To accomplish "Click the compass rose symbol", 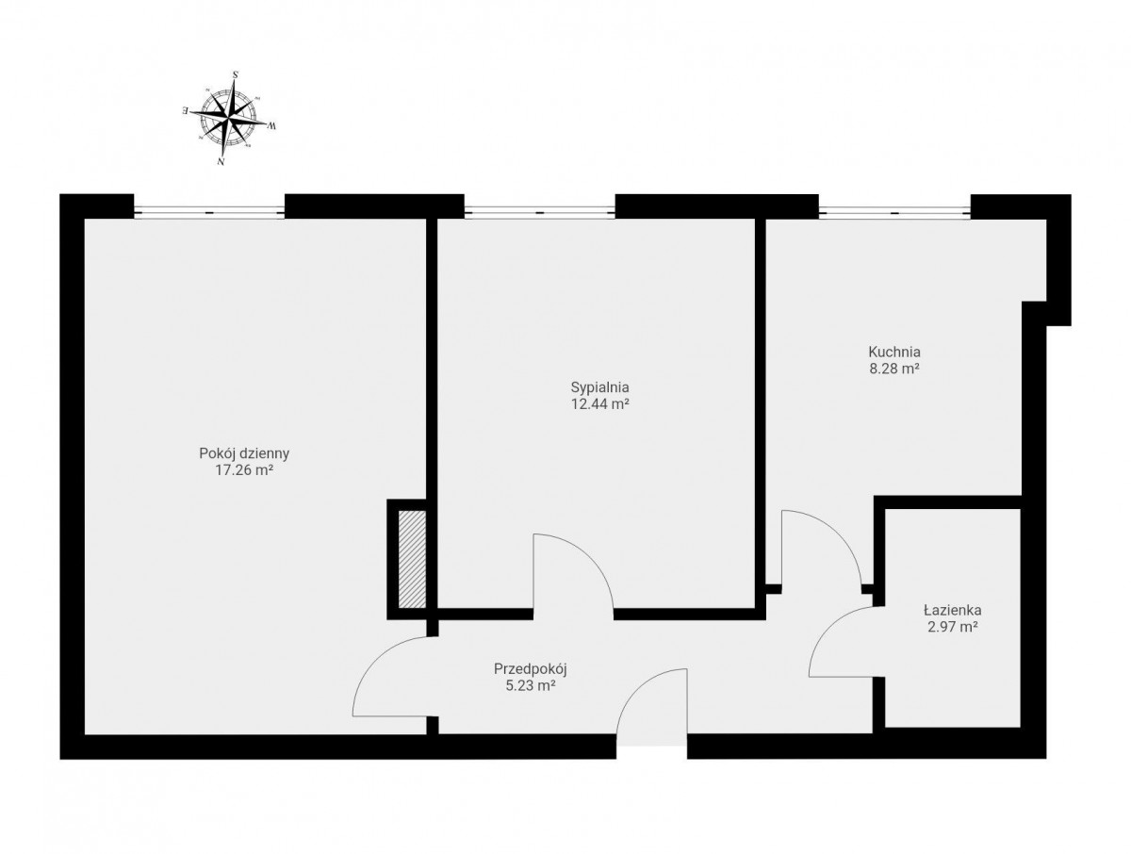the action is pyautogui.click(x=229, y=118).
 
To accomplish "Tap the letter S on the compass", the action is pyautogui.click(x=236, y=74).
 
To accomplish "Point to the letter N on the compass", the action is pyautogui.click(x=221, y=162).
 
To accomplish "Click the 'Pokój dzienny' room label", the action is pyautogui.click(x=244, y=453).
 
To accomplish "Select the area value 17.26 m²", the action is pyautogui.click(x=244, y=469).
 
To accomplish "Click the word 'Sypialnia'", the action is pyautogui.click(x=599, y=386).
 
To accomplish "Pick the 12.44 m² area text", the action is pyautogui.click(x=599, y=403).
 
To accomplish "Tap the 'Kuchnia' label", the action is pyautogui.click(x=894, y=352).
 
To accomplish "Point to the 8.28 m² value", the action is pyautogui.click(x=894, y=369).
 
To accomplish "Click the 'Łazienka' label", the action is pyautogui.click(x=952, y=611).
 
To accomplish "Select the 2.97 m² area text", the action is pyautogui.click(x=952, y=628).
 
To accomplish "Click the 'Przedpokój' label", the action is pyautogui.click(x=531, y=669).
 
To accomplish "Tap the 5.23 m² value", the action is pyautogui.click(x=531, y=685).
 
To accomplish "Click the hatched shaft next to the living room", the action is pyautogui.click(x=412, y=559).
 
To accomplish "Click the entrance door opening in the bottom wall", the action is pyautogui.click(x=651, y=746).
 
